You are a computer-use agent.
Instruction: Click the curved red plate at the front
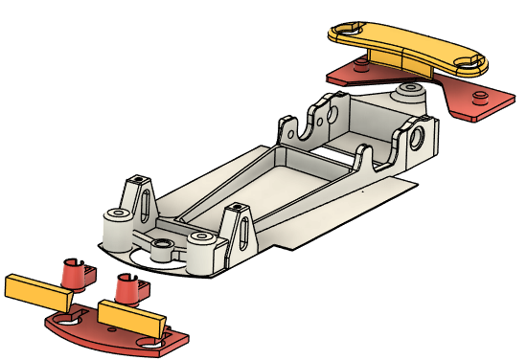click(x=115, y=334)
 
